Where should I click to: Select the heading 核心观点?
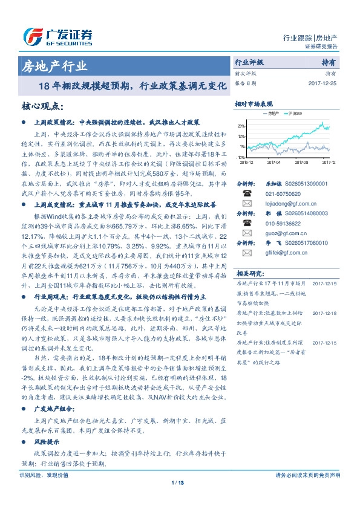pos(42,107)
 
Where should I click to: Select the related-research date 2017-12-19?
pos(325,284)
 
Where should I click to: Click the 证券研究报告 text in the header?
pos(320,47)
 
